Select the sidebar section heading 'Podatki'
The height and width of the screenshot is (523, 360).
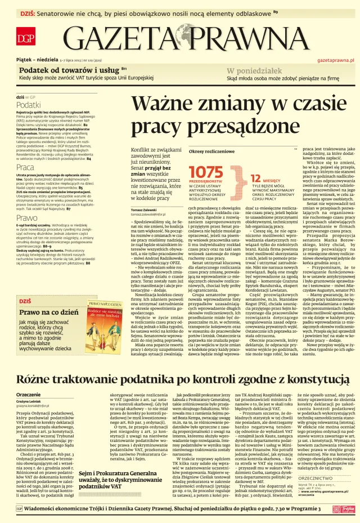click(28, 105)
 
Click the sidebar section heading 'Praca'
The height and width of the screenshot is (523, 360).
click(25, 167)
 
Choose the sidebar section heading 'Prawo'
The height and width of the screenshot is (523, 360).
click(26, 217)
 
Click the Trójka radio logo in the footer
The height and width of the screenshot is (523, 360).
click(343, 508)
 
